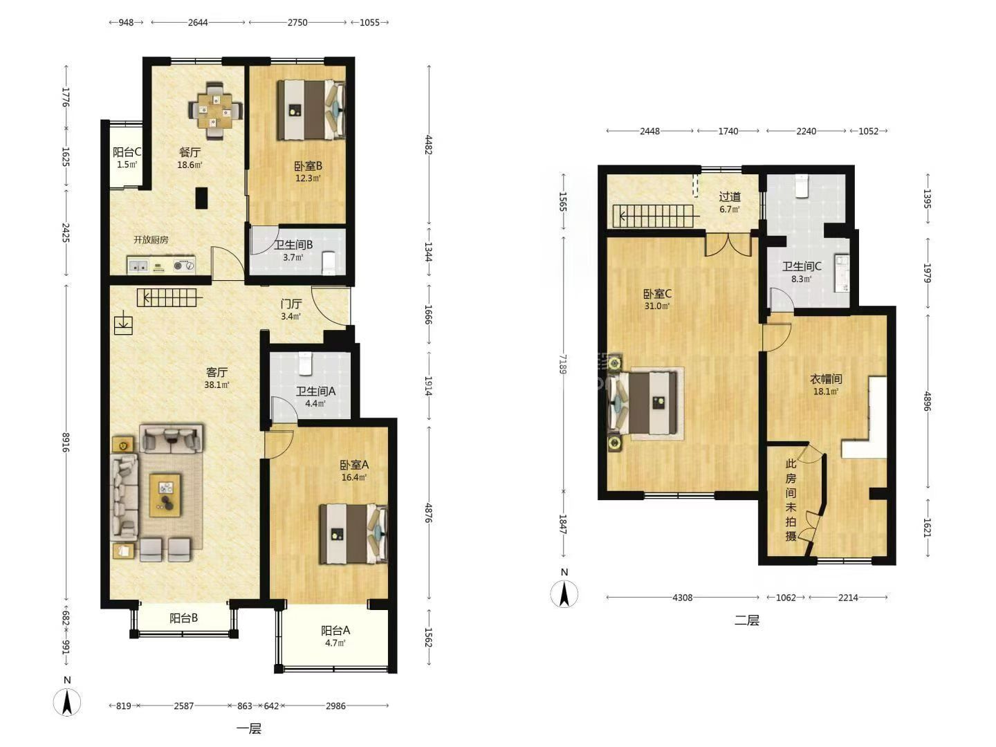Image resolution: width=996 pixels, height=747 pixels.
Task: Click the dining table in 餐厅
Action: [x=216, y=110]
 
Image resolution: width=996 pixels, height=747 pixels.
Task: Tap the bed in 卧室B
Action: [x=311, y=110]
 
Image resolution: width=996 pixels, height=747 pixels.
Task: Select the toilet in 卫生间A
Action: [x=305, y=364]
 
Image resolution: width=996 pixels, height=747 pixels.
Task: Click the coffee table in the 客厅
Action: [x=165, y=495]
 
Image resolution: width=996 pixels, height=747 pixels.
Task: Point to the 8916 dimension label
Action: [x=66, y=442]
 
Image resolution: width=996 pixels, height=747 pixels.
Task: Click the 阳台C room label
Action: [x=127, y=152]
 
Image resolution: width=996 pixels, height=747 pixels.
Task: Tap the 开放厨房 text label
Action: [x=151, y=239]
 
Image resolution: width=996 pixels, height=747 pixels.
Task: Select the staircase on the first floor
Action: [x=169, y=298]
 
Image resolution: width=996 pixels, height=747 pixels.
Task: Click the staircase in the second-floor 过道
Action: [x=656, y=216]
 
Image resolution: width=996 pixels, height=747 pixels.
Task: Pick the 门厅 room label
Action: [x=291, y=304]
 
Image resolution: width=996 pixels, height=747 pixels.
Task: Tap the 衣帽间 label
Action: [x=826, y=378]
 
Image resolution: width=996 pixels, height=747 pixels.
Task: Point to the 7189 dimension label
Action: [x=562, y=364]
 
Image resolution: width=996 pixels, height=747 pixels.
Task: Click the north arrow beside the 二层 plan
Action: [x=564, y=593]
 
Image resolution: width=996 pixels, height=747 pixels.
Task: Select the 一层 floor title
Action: [x=249, y=729]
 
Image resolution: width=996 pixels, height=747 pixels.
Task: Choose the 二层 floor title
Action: [x=746, y=620]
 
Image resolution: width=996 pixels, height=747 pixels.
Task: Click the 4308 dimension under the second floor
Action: [x=683, y=598]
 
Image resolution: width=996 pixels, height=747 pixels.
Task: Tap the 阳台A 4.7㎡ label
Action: [x=335, y=636]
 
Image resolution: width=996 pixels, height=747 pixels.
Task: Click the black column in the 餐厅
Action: [x=201, y=199]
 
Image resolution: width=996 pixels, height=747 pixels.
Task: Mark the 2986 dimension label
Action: [x=335, y=705]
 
